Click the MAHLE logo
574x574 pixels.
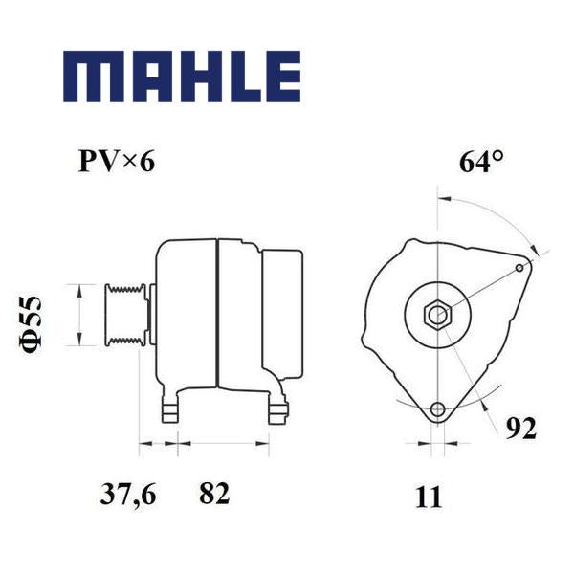click(182, 77)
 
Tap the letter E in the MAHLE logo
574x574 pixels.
click(283, 77)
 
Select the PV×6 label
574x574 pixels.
click(117, 162)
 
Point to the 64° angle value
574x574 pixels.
click(480, 162)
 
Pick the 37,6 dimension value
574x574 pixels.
click(128, 495)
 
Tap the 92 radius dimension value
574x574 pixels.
click(521, 428)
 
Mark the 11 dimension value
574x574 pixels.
click(429, 497)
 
